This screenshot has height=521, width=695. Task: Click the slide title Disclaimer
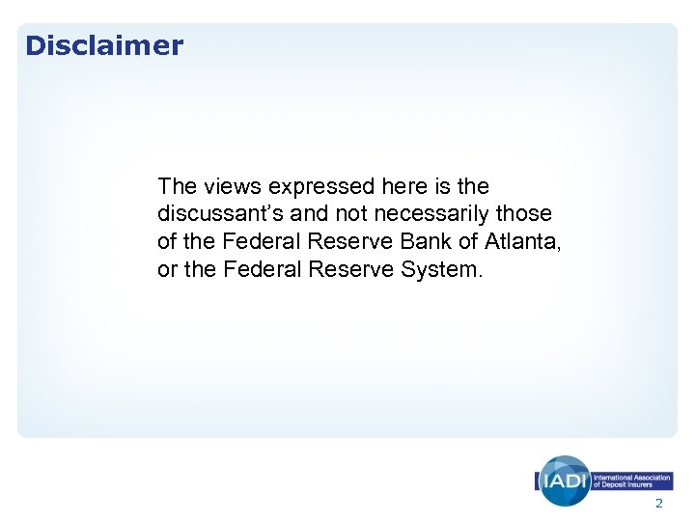(x=103, y=45)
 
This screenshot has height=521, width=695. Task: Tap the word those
(x=526, y=213)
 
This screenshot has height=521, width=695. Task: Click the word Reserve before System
(x=346, y=269)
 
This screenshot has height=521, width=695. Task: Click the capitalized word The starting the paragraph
(x=177, y=185)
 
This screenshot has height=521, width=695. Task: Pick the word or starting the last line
(x=167, y=269)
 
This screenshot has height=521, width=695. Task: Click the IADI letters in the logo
(x=564, y=480)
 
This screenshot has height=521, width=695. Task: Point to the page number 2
(x=659, y=505)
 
